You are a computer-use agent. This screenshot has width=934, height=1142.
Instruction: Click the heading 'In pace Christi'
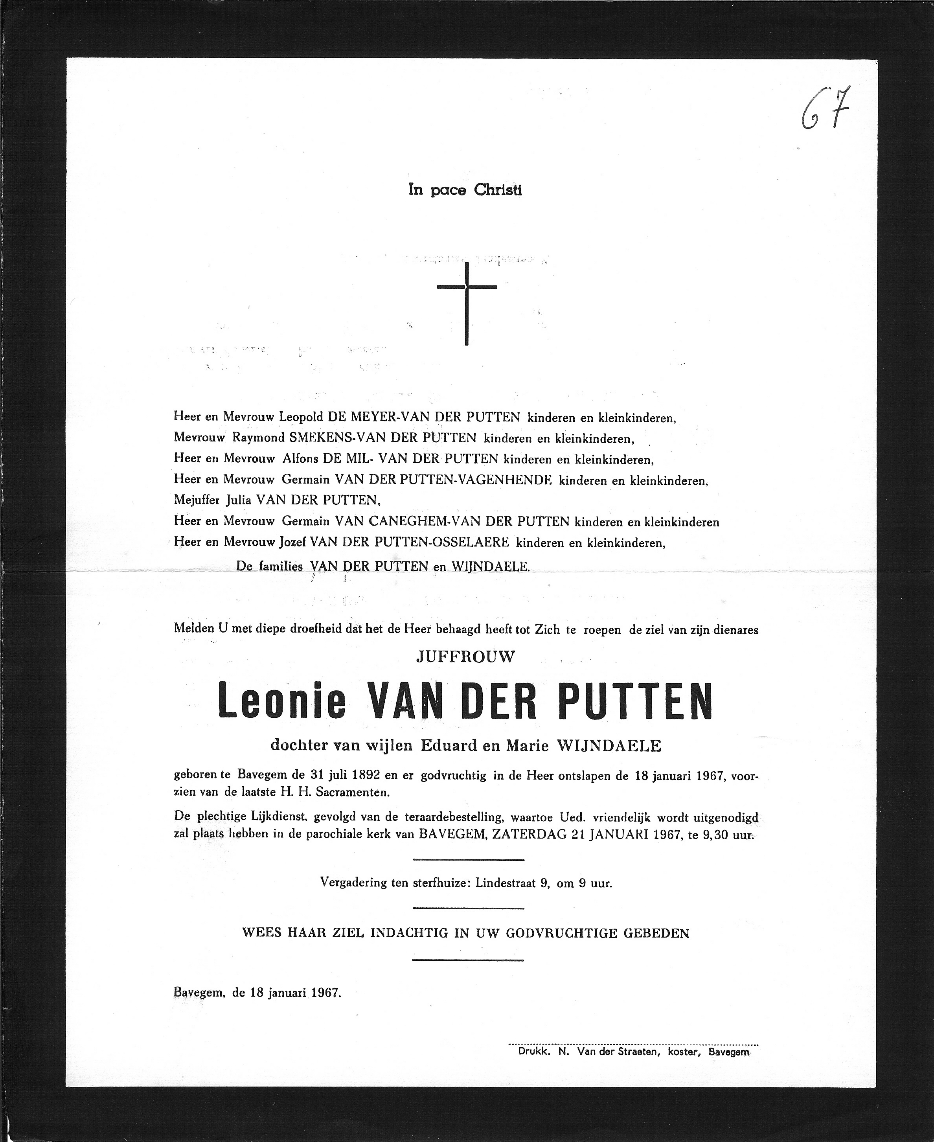(x=465, y=190)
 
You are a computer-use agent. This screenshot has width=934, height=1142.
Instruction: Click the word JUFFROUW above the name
(x=465, y=656)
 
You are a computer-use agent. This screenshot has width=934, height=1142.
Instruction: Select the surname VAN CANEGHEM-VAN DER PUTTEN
(x=452, y=521)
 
